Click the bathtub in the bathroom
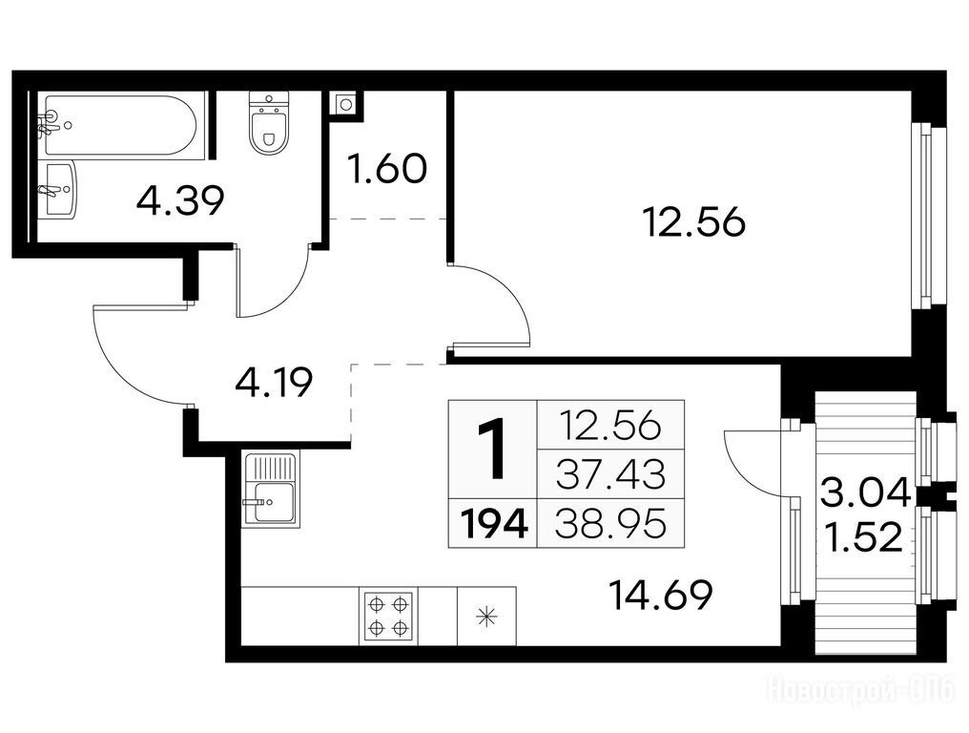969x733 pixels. (x=120, y=124)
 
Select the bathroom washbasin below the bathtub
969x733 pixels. (x=60, y=189)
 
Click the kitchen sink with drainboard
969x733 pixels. (x=270, y=489)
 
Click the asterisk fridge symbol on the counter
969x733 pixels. (x=486, y=617)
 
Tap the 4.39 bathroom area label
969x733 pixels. (x=180, y=200)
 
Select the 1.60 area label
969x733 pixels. (x=387, y=170)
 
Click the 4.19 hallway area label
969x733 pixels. (x=274, y=384)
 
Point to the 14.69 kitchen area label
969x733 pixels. (x=661, y=595)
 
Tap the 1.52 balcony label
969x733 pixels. (x=864, y=537)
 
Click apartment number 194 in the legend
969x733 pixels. (x=493, y=525)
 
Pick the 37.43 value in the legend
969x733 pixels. (x=611, y=474)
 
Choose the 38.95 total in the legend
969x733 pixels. (x=611, y=525)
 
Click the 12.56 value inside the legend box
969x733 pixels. (x=609, y=426)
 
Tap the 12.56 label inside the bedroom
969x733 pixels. (x=694, y=222)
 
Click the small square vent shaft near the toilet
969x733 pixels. (x=346, y=104)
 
